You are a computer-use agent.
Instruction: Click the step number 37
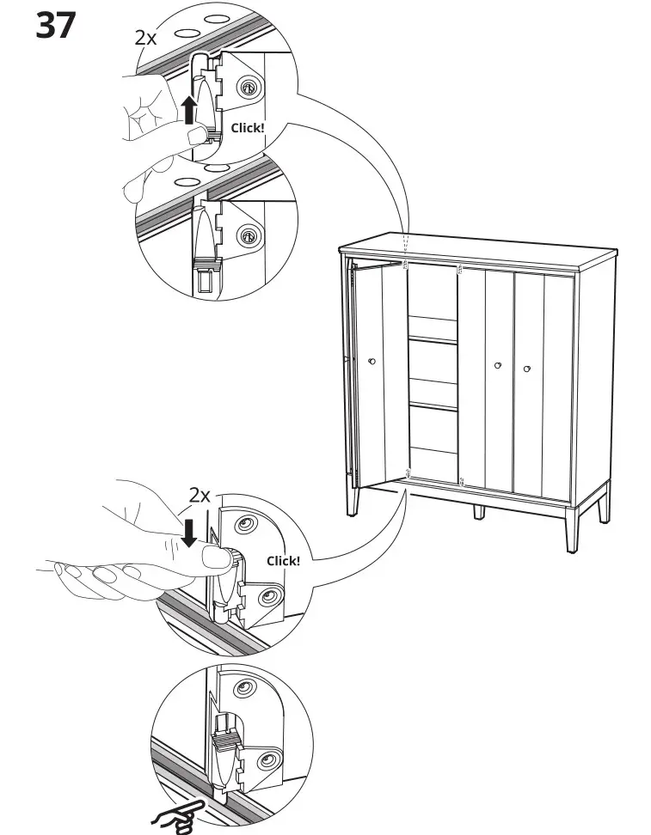point(55,26)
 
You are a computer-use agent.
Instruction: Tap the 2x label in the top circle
point(146,38)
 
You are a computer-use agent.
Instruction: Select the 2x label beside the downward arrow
point(200,495)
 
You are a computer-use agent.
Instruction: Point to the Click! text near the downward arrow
point(283,561)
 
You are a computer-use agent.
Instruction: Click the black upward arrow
point(188,111)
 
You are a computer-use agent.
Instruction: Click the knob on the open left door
point(371,361)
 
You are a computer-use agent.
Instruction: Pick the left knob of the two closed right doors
point(497,367)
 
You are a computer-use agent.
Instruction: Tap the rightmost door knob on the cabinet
point(526,369)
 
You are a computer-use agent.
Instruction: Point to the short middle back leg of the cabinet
point(478,510)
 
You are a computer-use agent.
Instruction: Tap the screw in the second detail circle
point(249,233)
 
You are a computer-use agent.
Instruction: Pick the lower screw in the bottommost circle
point(267,759)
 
